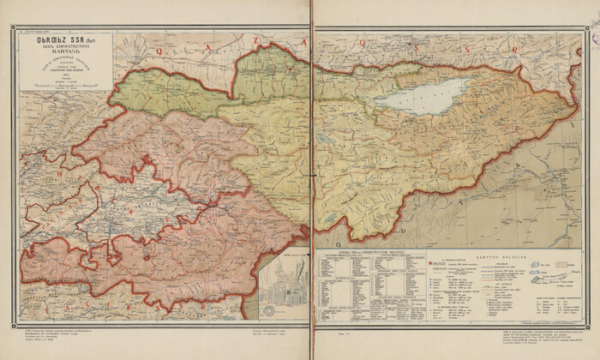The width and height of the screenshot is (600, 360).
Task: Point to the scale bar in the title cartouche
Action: coord(66,85)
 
